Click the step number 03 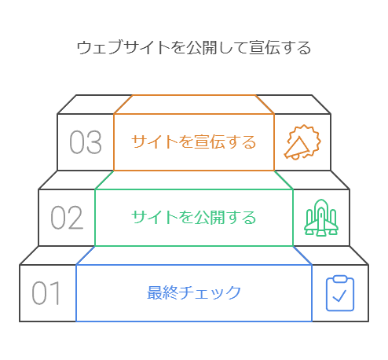pyautogui.click(x=86, y=142)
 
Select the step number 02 pyautogui.click(x=67, y=218)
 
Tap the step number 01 pyautogui.click(x=46, y=293)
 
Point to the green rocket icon pyautogui.click(x=321, y=218)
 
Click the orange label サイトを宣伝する pyautogui.click(x=194, y=142)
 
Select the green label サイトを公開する pyautogui.click(x=194, y=218)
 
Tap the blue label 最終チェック pyautogui.click(x=194, y=292)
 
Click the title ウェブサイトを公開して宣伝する pyautogui.click(x=194, y=47)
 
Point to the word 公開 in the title pyautogui.click(x=202, y=47)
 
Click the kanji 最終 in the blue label pyautogui.click(x=163, y=292)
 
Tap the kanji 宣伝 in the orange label pyautogui.click(x=210, y=142)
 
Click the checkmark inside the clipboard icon pyautogui.click(x=339, y=296)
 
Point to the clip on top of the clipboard pyautogui.click(x=340, y=279)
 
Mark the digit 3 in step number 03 pyautogui.click(x=94, y=142)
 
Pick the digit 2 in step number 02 pyautogui.click(x=75, y=218)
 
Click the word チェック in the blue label pyautogui.click(x=210, y=292)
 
